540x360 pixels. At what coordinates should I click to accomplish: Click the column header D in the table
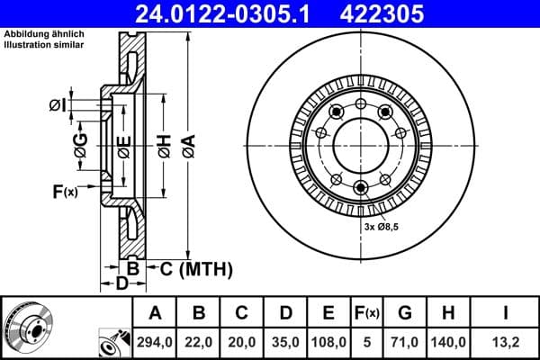point(285,314)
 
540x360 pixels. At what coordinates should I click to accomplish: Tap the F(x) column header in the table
point(366,314)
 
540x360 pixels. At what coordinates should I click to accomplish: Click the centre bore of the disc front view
point(360,143)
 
